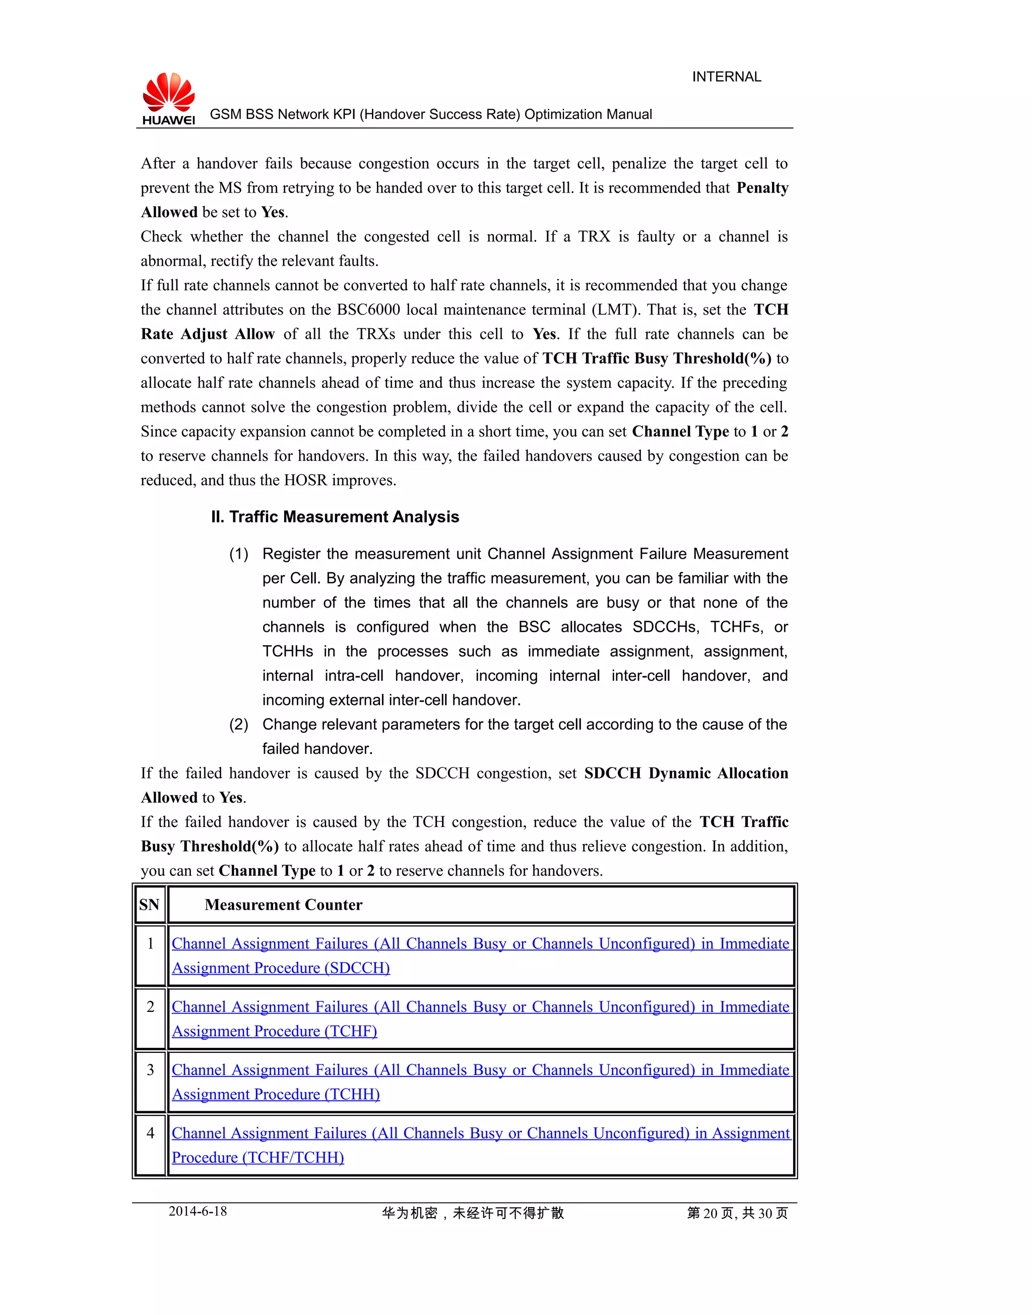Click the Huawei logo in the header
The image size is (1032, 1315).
point(169,98)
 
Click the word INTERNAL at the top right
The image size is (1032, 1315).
point(726,77)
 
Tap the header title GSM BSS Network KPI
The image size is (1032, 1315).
point(430,114)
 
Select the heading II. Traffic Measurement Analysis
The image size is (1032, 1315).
point(335,516)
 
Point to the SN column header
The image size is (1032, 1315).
point(149,905)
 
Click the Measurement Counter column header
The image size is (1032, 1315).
point(283,905)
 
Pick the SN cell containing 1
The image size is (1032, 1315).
point(151,944)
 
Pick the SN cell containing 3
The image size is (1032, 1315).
point(151,1070)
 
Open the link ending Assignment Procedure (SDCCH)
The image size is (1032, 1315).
point(281,968)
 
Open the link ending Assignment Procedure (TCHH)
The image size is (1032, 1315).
point(276,1094)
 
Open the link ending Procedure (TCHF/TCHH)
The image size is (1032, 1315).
point(258,1157)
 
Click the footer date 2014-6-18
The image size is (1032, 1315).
point(198,1211)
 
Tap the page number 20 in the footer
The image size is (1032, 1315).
point(710,1213)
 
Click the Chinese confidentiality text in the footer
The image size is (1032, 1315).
point(473,1213)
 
